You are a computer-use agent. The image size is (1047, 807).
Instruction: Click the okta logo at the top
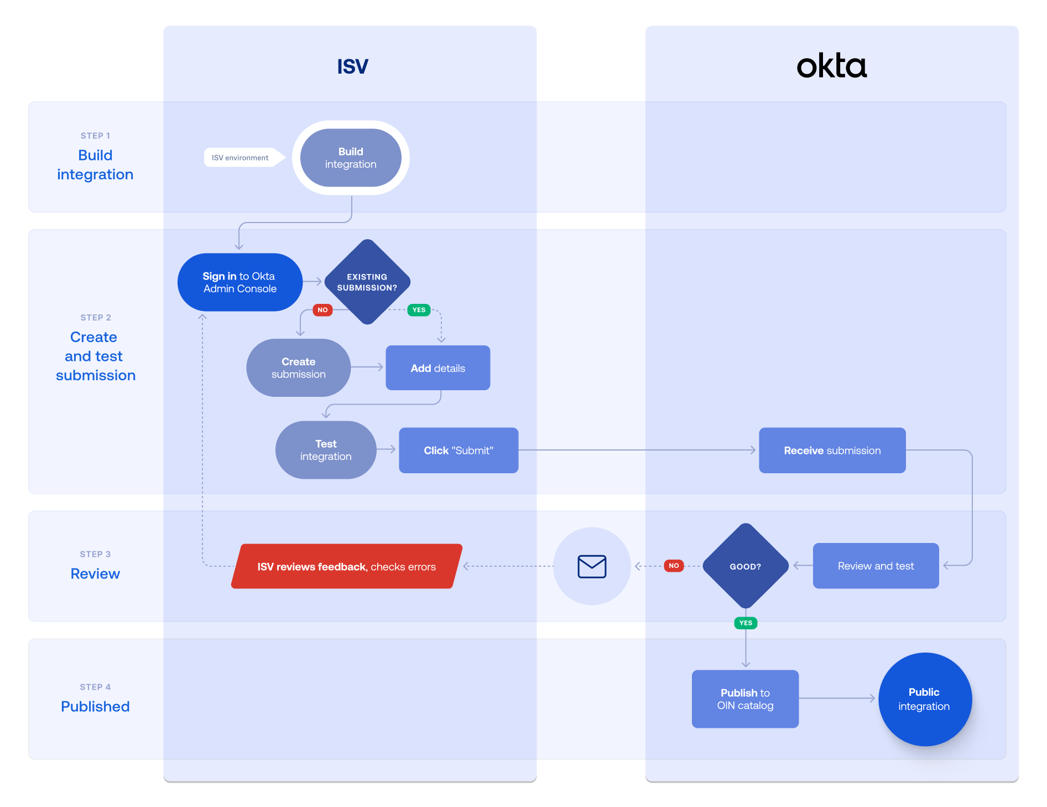coord(831,66)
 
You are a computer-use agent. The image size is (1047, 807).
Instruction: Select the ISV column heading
coord(352,66)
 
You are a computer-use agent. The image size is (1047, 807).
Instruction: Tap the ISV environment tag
coord(240,158)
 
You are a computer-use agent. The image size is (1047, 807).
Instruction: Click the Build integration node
coord(351,158)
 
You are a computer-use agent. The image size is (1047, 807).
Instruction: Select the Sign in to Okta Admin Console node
coord(239,282)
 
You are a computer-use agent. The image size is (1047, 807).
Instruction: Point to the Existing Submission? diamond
coord(367,282)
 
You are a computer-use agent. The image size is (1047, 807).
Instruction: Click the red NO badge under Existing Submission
coord(322,310)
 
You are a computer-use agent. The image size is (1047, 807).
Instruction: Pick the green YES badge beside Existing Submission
coord(419,310)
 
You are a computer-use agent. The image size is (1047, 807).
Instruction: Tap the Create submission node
coord(298,368)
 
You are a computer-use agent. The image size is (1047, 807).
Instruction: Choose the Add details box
coord(437,368)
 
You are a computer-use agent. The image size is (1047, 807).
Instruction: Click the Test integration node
coord(326,450)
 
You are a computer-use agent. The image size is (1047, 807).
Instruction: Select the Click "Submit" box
coord(459,451)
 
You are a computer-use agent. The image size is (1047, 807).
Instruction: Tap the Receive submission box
coord(832,451)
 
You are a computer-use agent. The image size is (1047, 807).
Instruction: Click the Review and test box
coord(876,566)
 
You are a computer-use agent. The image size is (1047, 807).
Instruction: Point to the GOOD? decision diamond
coord(746,566)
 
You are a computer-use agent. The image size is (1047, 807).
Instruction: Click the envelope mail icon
coord(592,566)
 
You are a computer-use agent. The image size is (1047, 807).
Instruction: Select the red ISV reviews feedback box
coord(346,566)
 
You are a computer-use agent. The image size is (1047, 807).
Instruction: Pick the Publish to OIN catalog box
coord(745,699)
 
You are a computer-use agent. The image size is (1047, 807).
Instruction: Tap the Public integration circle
coord(924,699)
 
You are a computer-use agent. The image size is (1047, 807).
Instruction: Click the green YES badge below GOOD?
coord(746,623)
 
